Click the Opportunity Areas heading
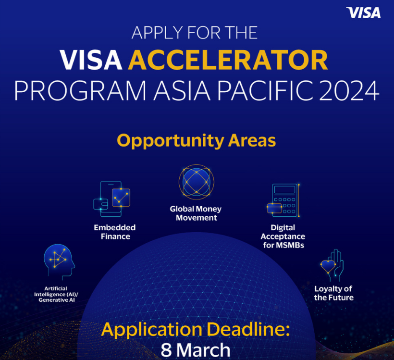coord(197,141)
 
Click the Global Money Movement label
coord(196,213)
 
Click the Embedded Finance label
coord(115,232)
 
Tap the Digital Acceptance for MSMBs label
coord(283,236)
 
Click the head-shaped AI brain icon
coord(59,260)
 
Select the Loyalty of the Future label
coord(333,293)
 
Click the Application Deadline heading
coord(197,330)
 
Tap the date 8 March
coord(196,349)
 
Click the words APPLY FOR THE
coord(195,33)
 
